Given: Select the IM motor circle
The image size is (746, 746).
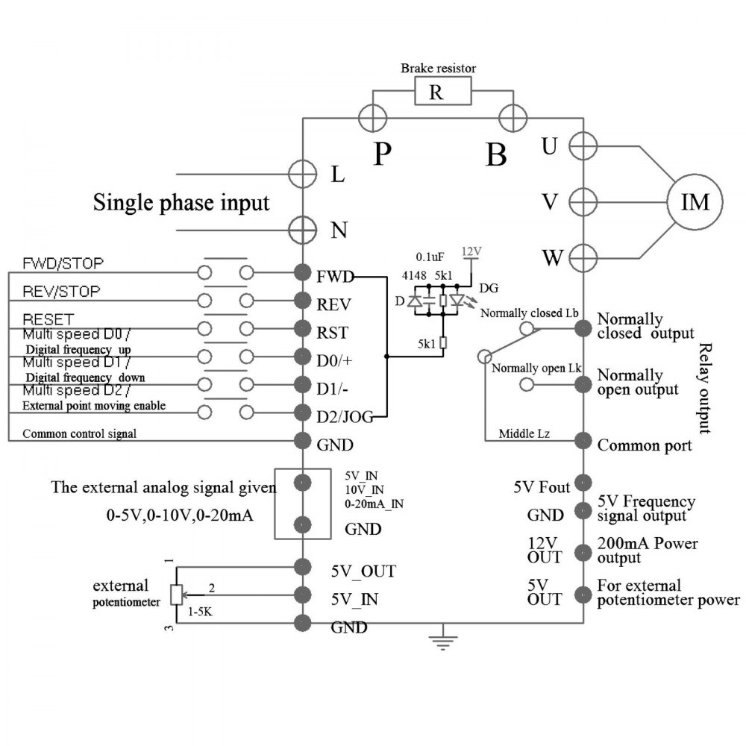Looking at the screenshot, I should pos(693,201).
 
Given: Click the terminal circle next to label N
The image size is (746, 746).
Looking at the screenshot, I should pos(303,230).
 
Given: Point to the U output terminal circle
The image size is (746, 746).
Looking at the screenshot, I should pos(583,145).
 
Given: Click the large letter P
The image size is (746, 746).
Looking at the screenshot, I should pos(383,153).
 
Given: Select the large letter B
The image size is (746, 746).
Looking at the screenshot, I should pos(496,154).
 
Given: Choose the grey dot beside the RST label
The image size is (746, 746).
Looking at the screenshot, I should pos(303,329).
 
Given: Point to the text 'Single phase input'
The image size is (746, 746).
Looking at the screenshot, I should pos(181,203).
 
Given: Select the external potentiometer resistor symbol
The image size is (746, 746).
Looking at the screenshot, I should pos(176,594).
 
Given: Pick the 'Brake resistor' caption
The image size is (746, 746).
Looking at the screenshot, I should pos(439,68).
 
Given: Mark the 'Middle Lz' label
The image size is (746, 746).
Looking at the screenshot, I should pos(524,432).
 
